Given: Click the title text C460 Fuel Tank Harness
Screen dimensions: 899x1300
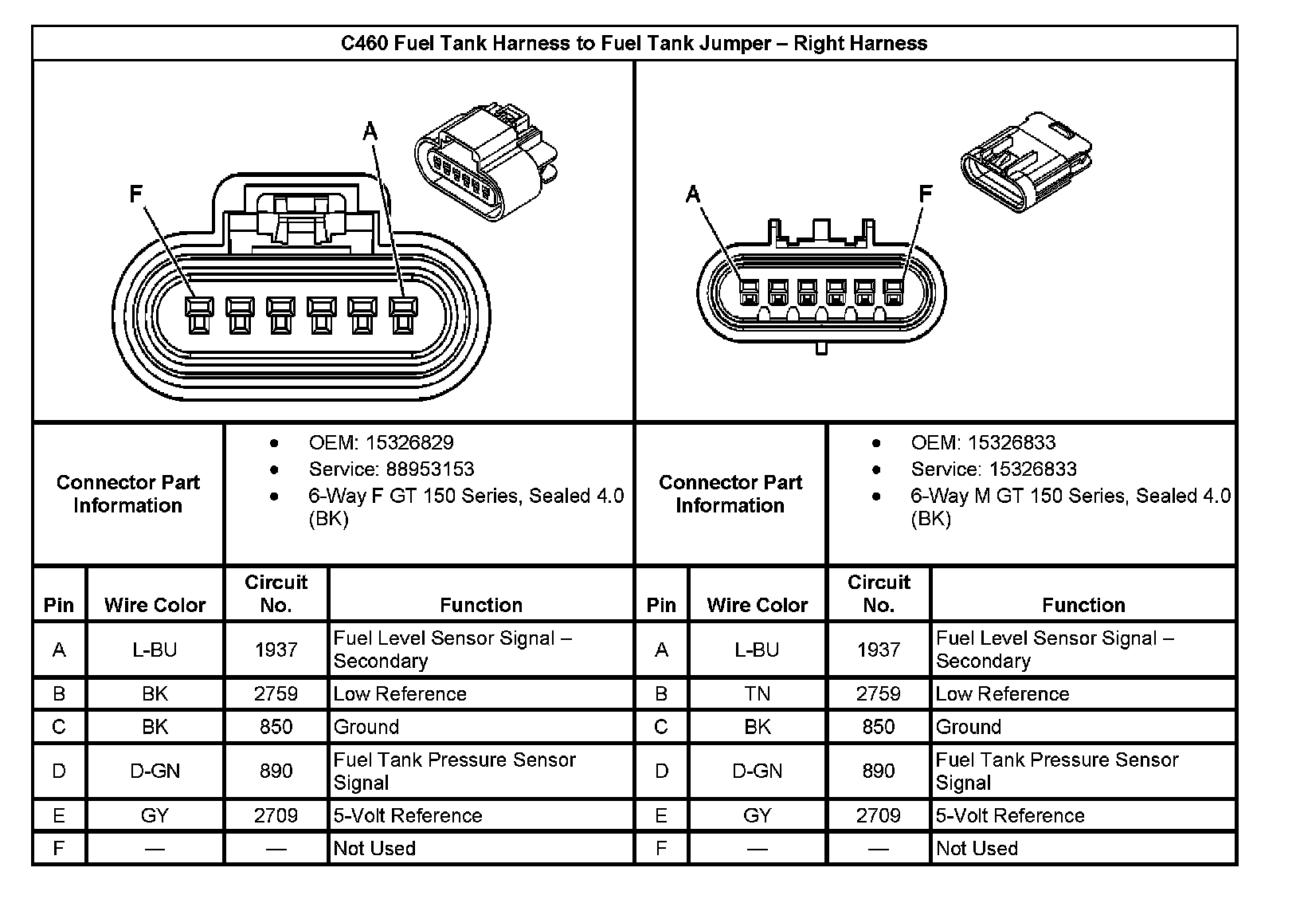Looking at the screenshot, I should pyautogui.click(x=633, y=43).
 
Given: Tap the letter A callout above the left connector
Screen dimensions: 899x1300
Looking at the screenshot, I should pyautogui.click(x=370, y=131).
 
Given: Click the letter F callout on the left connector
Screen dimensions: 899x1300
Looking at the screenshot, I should pyautogui.click(x=136, y=194).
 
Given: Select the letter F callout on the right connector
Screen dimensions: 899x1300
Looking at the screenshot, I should pyautogui.click(x=925, y=194).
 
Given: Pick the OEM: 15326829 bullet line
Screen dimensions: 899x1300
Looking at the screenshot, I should pyautogui.click(x=381, y=443).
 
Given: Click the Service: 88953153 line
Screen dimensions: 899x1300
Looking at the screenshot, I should pyautogui.click(x=391, y=469).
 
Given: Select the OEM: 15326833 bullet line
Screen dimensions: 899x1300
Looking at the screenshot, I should pyautogui.click(x=983, y=443).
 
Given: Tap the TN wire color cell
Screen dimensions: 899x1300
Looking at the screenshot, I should pyautogui.click(x=757, y=693).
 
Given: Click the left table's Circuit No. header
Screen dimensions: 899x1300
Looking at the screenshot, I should pyautogui.click(x=276, y=593).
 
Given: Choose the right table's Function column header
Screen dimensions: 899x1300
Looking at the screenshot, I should pyautogui.click(x=1083, y=605).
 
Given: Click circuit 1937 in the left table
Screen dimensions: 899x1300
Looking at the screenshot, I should pyautogui.click(x=276, y=650).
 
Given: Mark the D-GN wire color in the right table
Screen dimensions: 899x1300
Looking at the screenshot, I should pyautogui.click(x=757, y=771).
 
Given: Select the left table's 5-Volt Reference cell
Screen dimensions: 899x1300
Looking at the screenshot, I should pyautogui.click(x=408, y=815).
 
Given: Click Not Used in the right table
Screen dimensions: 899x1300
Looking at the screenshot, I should pyautogui.click(x=977, y=848).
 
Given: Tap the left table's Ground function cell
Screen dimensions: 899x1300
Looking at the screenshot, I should pyautogui.click(x=366, y=727).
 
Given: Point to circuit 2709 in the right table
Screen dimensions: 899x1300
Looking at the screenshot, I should pyautogui.click(x=878, y=815).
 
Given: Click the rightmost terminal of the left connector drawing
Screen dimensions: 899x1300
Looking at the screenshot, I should pyautogui.click(x=403, y=315).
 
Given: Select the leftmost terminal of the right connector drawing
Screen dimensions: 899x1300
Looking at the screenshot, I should pyautogui.click(x=749, y=292).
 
